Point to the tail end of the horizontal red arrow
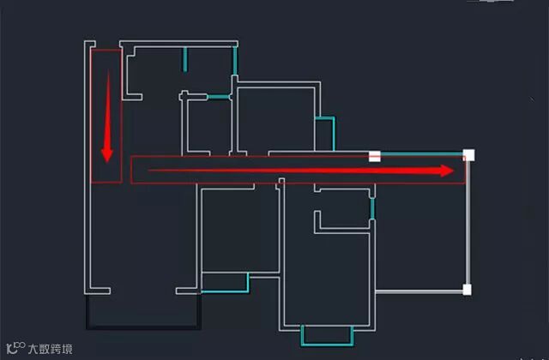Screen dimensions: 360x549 click(x=151, y=171)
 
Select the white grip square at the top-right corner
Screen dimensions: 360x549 click(x=468, y=155)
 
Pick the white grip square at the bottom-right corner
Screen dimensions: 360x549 click(x=468, y=290)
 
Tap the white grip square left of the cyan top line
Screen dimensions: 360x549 click(x=374, y=156)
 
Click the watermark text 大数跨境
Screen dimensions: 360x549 click(x=50, y=349)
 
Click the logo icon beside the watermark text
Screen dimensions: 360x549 click(x=15, y=348)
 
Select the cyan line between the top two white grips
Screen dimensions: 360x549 click(x=420, y=153)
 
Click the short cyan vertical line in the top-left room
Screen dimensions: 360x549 click(x=185, y=58)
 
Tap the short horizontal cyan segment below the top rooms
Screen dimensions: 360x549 click(x=219, y=97)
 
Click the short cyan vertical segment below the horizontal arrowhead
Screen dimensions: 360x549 click(x=372, y=208)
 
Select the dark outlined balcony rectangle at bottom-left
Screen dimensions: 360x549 click(x=143, y=313)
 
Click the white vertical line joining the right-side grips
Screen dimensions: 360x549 click(x=468, y=223)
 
